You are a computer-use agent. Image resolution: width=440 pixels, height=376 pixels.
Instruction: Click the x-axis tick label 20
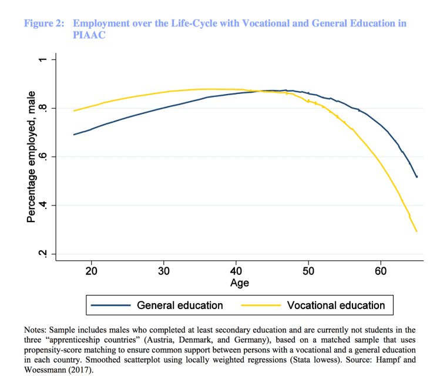pyautogui.click(x=92, y=271)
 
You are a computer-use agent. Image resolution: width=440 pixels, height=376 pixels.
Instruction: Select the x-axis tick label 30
pyautogui.click(x=164, y=271)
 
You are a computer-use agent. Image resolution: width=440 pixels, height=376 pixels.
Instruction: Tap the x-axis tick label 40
pyautogui.click(x=236, y=271)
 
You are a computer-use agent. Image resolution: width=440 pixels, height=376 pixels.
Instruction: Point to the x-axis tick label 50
pyautogui.click(x=308, y=271)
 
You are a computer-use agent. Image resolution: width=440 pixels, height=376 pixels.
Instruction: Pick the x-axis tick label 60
pyautogui.click(x=381, y=271)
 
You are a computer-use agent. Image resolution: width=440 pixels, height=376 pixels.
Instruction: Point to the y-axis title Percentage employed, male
pyautogui.click(x=32, y=157)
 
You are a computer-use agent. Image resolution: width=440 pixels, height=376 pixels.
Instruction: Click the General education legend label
pyautogui.click(x=180, y=305)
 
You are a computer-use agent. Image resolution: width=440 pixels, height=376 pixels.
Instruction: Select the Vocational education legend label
pyautogui.click(x=336, y=305)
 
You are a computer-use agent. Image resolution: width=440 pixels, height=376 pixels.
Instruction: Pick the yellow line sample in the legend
pyautogui.click(x=260, y=305)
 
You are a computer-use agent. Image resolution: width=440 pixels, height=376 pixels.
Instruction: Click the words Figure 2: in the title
pyautogui.click(x=43, y=23)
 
